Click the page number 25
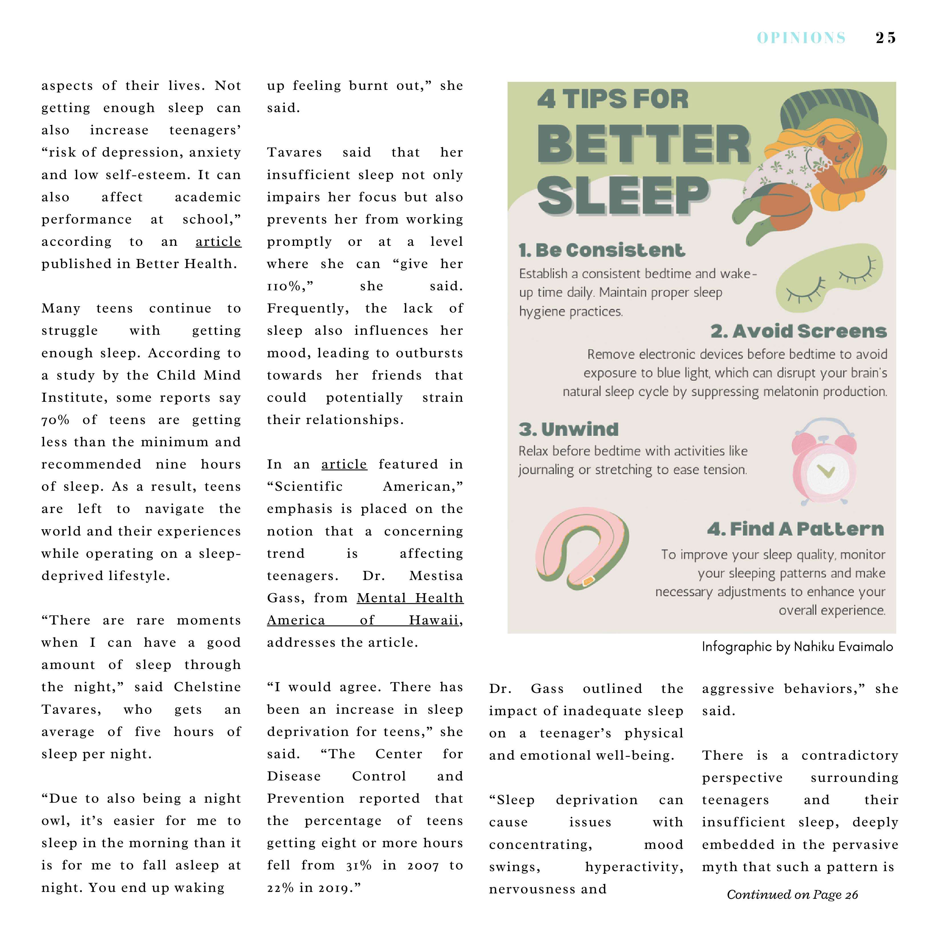[885, 38]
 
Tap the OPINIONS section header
[801, 38]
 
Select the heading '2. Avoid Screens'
[798, 331]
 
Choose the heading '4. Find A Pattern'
[795, 529]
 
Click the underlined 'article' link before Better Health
[218, 242]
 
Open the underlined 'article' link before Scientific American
[344, 464]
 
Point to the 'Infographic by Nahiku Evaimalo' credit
[797, 646]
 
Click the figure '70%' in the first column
[56, 420]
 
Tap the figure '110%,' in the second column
[290, 286]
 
